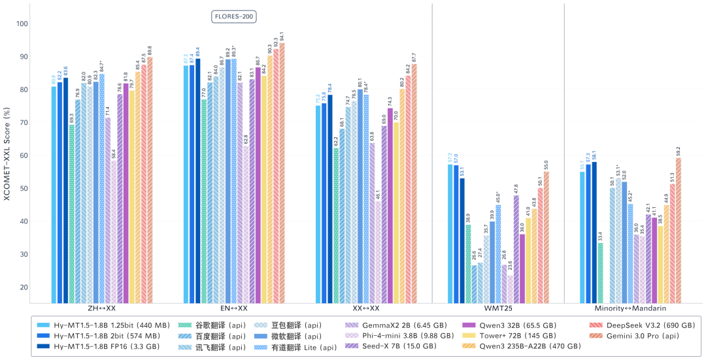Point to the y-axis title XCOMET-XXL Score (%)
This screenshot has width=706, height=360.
8,155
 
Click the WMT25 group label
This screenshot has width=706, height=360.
497,307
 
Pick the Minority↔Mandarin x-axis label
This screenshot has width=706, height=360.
630,307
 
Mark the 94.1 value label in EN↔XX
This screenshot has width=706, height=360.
282,35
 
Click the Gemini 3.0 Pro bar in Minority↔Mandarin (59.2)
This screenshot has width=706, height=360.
679,230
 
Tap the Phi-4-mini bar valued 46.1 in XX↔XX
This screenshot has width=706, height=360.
378,252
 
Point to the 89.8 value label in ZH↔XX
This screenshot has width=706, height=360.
150,49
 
